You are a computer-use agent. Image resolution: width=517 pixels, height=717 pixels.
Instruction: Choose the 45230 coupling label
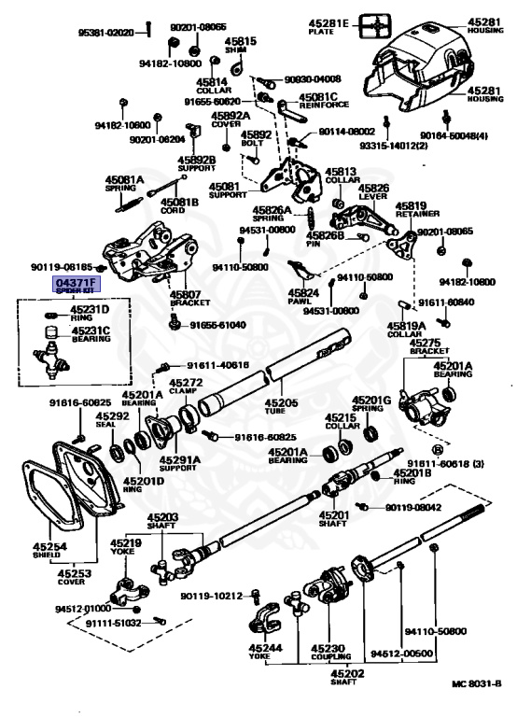[328, 652]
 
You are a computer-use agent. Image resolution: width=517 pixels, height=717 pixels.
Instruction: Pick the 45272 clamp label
[186, 387]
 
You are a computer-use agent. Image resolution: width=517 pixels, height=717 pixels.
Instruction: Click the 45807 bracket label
[187, 299]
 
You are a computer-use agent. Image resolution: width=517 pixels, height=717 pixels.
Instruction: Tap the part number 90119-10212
[212, 596]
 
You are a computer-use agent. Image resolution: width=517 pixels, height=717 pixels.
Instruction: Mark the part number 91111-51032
[113, 623]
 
